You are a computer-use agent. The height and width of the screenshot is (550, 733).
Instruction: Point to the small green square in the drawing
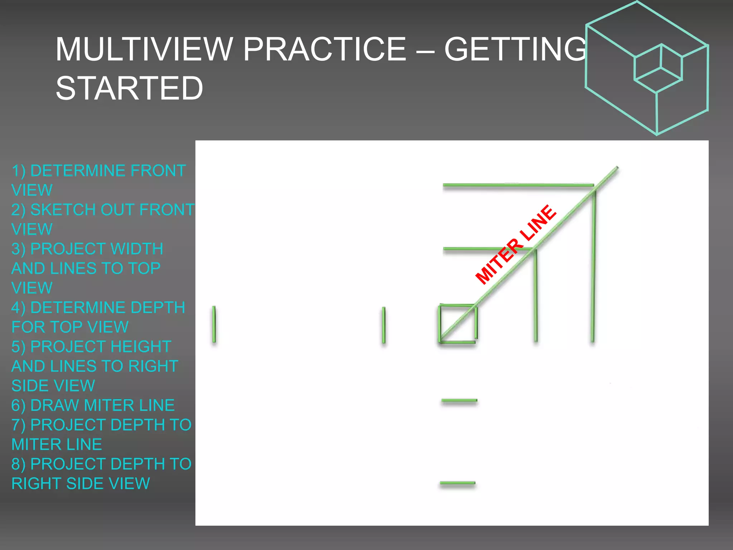pos(458,324)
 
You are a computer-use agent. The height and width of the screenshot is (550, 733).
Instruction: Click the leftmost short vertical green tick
pos(214,324)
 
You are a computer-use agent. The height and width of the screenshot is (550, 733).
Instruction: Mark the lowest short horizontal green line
pos(457,483)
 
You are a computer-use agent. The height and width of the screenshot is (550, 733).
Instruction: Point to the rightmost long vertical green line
pos(593,265)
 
